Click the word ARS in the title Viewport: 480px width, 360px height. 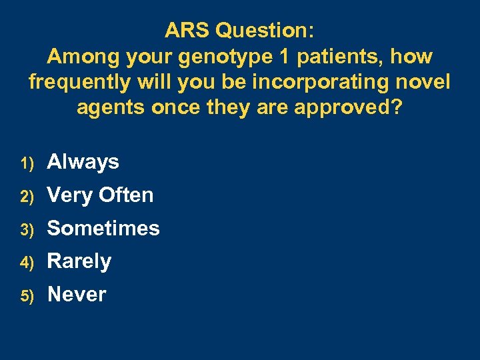(189, 30)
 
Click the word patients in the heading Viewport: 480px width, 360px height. (340, 57)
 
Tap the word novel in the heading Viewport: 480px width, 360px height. (422, 83)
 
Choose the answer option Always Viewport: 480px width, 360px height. (83, 161)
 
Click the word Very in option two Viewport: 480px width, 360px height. (70, 195)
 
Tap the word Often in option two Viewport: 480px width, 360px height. (126, 195)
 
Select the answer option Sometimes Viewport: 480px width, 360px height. (103, 228)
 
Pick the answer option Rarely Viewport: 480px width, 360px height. (79, 261)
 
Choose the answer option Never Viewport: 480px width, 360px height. (77, 294)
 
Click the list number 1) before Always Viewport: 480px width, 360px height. (27, 162)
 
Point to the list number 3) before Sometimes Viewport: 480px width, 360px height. (27, 229)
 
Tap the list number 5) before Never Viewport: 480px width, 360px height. (27, 295)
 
